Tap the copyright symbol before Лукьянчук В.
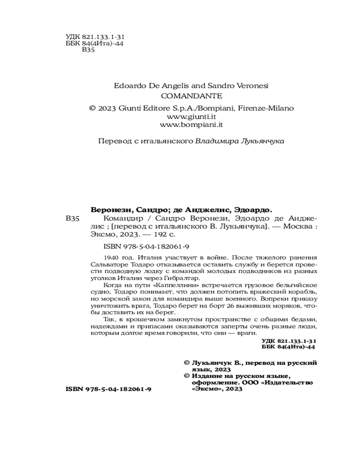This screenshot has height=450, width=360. [187, 362]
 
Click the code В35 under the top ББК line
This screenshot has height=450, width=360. [88, 50]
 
